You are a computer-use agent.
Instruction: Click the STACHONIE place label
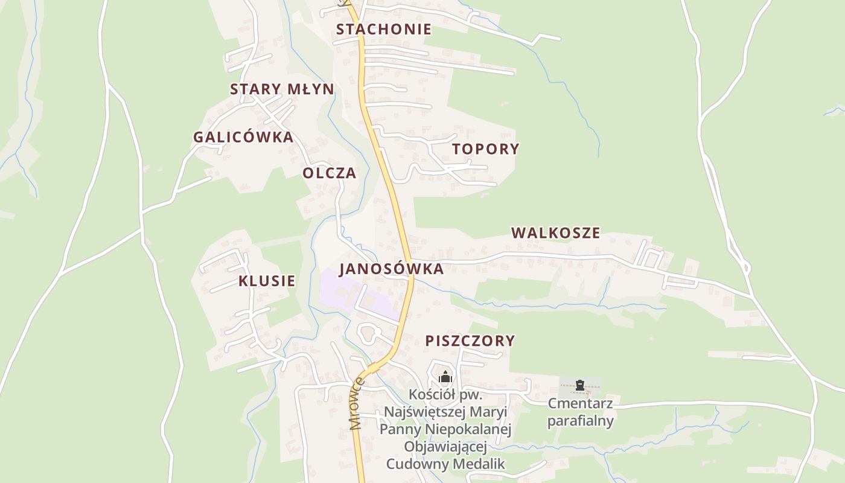point(384,29)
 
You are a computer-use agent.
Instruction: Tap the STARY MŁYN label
point(282,89)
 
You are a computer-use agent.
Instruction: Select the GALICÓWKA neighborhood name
point(243,137)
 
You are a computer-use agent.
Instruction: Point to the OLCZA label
point(330,173)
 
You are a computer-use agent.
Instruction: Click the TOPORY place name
point(486,149)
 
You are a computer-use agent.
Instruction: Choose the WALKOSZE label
point(556,233)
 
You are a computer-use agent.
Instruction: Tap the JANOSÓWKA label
point(391,269)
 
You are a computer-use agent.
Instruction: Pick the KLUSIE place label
point(267,281)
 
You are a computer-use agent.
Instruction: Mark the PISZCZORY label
point(470,341)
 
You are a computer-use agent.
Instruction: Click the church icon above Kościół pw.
point(445,378)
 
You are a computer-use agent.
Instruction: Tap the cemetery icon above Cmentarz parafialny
point(580,385)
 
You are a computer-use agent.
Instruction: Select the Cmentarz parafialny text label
point(580,412)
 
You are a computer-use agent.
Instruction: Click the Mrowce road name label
point(358,403)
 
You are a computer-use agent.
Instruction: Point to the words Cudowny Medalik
point(445,464)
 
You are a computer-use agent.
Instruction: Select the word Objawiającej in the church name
point(445,447)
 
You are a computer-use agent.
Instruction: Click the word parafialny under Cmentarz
point(580,420)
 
